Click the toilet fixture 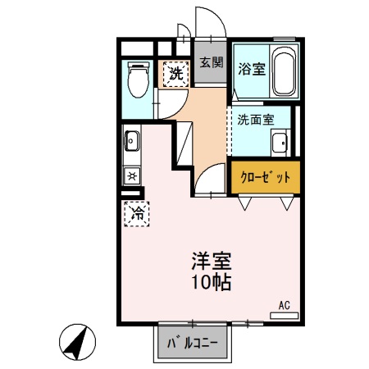click(x=138, y=80)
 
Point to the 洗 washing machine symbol click(x=174, y=73)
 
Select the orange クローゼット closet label click(x=265, y=175)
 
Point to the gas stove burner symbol click(x=131, y=175)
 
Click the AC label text click(x=284, y=305)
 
